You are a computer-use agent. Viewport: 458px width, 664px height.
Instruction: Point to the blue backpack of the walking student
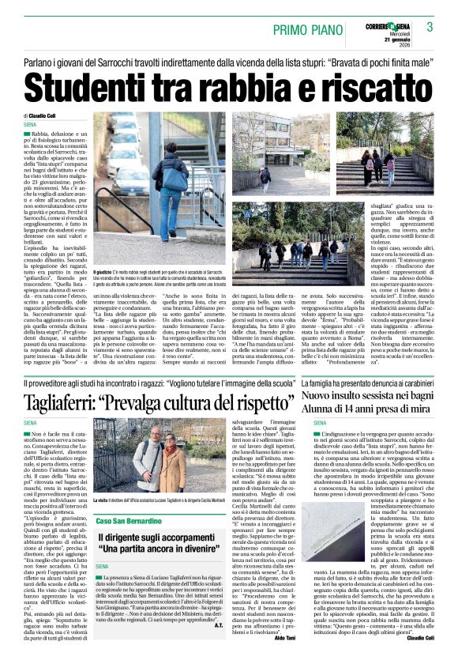tap(175, 178)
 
